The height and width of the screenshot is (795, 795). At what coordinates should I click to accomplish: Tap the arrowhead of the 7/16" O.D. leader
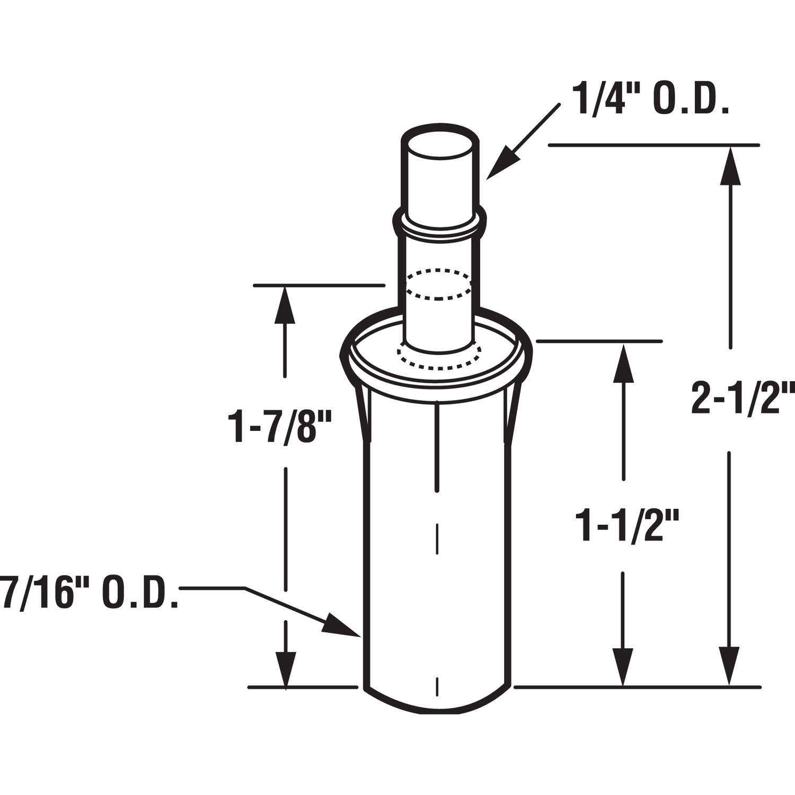tap(339, 625)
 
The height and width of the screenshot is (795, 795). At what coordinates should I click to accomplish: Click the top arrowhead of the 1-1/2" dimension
tap(623, 363)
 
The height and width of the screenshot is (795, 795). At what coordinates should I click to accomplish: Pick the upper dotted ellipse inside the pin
tap(438, 285)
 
